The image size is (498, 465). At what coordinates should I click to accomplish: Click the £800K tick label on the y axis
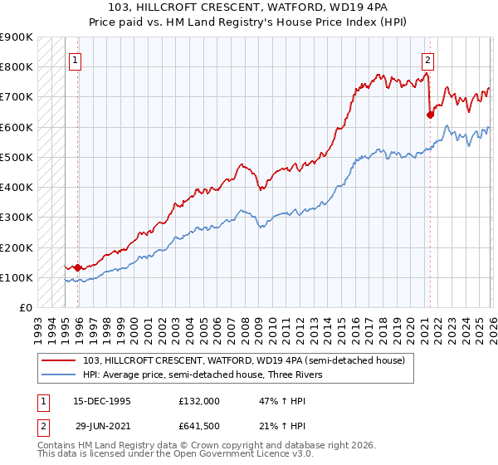[17, 66]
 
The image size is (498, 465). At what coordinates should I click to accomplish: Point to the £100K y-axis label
[17, 277]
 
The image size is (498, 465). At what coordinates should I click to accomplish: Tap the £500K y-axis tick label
[17, 157]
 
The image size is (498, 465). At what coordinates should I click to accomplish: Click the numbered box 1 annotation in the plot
[75, 60]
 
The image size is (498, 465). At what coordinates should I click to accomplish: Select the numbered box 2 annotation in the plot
[427, 60]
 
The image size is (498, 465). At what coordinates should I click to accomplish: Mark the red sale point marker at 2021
[430, 115]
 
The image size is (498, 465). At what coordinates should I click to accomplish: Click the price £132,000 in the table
[198, 400]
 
